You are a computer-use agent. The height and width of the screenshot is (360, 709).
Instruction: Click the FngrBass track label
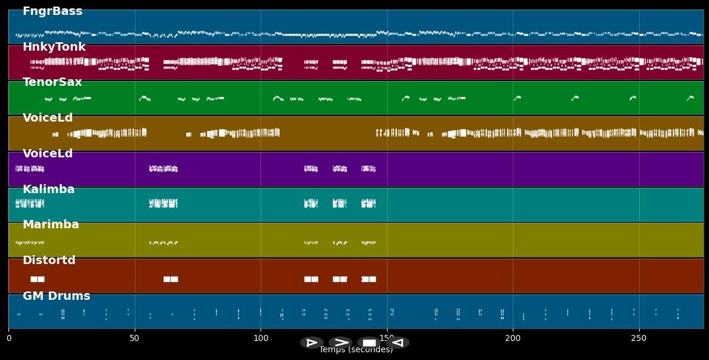pos(52,11)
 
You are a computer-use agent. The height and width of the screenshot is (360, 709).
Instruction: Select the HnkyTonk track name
pos(54,47)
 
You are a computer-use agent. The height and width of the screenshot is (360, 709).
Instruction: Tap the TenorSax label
pos(52,82)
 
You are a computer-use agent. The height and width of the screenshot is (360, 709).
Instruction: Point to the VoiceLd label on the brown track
pos(48,118)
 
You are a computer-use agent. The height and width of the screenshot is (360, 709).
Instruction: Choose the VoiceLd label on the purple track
pos(48,154)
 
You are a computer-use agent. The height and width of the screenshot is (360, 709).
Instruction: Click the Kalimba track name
pos(48,190)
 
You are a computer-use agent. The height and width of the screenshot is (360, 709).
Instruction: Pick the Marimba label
pos(51,225)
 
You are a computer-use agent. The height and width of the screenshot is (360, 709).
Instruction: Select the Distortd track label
pos(49,260)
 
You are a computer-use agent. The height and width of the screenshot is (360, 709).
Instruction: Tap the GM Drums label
pos(56,296)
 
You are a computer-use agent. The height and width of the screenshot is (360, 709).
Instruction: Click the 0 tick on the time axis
pos(9,339)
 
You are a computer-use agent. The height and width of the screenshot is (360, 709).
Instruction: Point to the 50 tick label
pos(135,339)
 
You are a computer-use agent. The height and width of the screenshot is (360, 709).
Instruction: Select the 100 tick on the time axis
pos(261,339)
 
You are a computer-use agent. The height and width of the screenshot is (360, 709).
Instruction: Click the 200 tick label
pos(513,339)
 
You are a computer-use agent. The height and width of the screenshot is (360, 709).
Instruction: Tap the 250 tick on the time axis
pos(639,339)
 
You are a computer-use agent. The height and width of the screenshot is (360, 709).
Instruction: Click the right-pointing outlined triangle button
pos(312,343)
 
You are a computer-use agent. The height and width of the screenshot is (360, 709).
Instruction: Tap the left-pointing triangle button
pos(398,343)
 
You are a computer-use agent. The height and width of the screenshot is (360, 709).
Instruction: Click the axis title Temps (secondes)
pos(356,350)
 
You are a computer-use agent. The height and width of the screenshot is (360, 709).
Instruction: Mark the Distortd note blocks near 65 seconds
pos(171,279)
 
